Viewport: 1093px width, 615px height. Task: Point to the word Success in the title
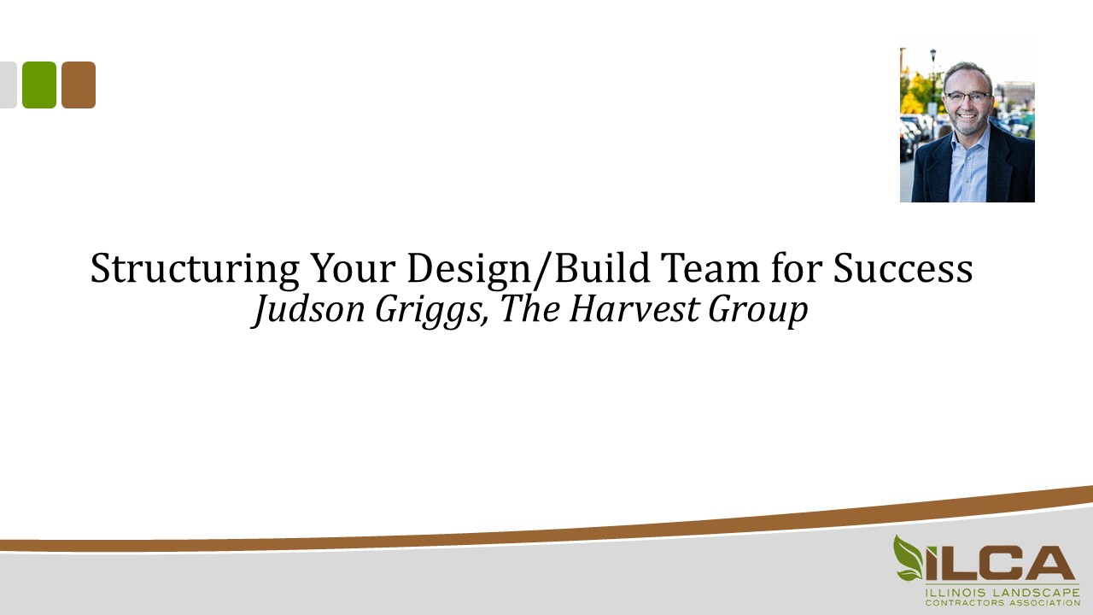click(x=903, y=270)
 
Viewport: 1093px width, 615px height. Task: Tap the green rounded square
click(x=39, y=85)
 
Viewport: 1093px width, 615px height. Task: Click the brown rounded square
click(x=79, y=85)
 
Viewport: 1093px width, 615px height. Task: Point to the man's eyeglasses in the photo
click(x=967, y=97)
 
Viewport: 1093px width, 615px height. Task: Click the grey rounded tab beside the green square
click(x=8, y=85)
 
